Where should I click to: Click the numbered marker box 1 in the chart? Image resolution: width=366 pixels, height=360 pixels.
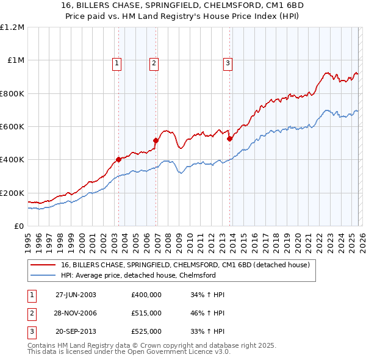(x=117, y=62)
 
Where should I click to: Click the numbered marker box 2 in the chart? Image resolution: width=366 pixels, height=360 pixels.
(x=154, y=62)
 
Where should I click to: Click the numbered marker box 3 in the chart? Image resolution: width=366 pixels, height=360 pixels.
(x=228, y=62)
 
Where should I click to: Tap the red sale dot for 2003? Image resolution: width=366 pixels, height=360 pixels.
(x=118, y=160)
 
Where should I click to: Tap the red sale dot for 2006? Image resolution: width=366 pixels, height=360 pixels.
(x=156, y=140)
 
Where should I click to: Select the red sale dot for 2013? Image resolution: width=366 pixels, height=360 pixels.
(x=229, y=139)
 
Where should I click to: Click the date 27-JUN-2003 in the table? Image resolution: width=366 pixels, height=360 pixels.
(x=76, y=295)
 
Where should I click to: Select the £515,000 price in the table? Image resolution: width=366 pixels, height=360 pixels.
(x=146, y=313)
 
